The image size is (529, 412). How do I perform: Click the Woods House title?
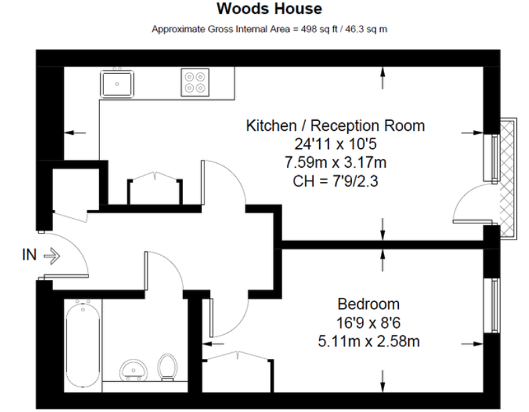[269, 9]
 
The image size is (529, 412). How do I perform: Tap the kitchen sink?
[117, 84]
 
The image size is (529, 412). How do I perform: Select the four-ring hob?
[195, 82]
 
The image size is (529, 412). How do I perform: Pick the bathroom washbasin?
[132, 370]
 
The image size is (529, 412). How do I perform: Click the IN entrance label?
[30, 255]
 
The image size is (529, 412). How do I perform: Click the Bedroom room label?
[368, 303]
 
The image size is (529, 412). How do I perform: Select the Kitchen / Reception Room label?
[335, 125]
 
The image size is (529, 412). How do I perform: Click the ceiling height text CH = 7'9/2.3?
[335, 181]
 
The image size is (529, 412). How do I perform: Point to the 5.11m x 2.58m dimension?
[369, 342]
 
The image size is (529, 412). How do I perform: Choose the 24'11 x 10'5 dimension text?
[335, 144]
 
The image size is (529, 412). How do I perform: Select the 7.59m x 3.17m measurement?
[335, 162]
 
